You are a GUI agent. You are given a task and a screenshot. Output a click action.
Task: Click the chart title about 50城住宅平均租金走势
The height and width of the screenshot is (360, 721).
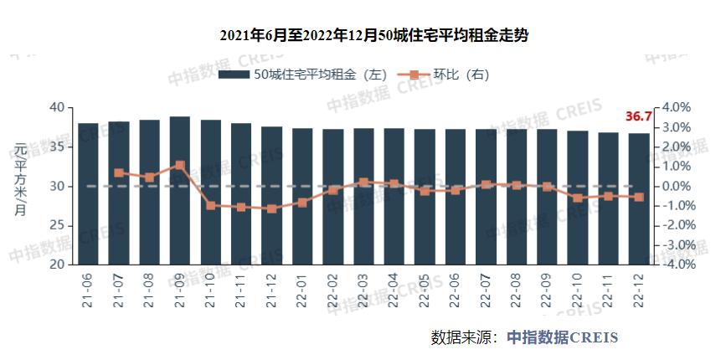[361, 36]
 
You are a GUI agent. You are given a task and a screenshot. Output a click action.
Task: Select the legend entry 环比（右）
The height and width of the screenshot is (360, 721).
[444, 75]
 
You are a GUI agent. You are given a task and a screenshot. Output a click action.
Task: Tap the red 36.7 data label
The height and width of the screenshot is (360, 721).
[638, 116]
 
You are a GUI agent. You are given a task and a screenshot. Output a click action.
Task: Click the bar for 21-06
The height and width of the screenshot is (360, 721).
[88, 194]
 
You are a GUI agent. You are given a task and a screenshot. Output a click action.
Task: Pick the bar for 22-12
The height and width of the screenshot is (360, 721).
[639, 199]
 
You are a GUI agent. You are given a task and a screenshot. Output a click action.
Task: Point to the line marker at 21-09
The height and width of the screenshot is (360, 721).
[180, 166]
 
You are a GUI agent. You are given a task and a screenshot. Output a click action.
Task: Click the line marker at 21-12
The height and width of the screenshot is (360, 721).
[271, 208]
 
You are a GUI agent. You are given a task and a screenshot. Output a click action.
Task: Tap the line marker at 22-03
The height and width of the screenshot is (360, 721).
[363, 182]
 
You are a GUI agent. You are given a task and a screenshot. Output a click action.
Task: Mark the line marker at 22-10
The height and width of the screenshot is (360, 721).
[578, 198]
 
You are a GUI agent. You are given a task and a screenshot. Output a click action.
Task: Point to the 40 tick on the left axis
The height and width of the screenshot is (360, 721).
[57, 107]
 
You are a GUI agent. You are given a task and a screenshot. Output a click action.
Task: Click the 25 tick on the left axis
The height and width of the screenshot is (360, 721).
[57, 225]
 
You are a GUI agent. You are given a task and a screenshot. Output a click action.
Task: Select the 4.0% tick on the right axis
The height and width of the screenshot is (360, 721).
[676, 107]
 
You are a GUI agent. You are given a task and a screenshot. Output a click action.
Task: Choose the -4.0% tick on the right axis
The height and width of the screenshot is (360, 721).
[676, 265]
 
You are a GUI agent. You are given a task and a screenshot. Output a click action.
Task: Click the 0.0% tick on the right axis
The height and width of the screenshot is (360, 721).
[676, 186]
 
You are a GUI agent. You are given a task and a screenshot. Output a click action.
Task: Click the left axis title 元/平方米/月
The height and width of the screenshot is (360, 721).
[18, 179]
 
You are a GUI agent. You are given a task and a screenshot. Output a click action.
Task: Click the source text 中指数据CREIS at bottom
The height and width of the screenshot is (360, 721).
[562, 337]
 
